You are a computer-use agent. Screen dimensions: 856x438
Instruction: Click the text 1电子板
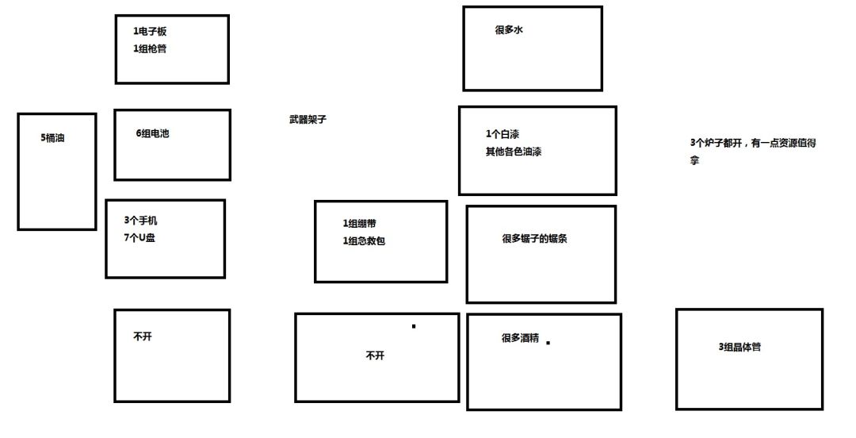point(150,32)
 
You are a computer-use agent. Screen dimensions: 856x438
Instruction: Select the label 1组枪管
point(150,48)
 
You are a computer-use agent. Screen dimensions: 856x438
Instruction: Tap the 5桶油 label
point(52,138)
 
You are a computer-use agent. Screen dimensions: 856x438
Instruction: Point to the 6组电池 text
point(152,133)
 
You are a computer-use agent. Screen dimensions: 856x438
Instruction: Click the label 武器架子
point(308,119)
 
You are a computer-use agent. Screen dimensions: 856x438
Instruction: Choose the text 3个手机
point(141,221)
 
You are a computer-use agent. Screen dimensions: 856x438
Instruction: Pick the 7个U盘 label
point(139,238)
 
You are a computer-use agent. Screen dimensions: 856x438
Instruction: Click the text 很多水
point(509,30)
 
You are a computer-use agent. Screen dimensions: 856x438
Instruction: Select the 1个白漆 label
point(503,134)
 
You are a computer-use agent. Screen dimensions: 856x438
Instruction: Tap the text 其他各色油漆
point(514,152)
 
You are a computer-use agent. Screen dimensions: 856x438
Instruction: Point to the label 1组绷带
point(359,223)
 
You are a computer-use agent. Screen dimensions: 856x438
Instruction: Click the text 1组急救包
point(364,240)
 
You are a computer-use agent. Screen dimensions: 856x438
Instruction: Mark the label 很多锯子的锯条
point(534,238)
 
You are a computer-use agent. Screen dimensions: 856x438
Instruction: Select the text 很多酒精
point(520,338)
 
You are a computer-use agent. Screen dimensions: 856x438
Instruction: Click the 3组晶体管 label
point(739,347)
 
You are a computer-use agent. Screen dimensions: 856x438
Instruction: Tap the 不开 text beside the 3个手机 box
point(143,336)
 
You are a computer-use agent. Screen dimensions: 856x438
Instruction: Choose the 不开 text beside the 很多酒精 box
point(375,355)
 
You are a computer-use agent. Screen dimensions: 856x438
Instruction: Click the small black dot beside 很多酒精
point(548,343)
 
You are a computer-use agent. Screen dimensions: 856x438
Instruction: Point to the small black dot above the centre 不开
point(414,326)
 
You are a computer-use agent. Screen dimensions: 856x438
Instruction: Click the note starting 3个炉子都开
point(753,152)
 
